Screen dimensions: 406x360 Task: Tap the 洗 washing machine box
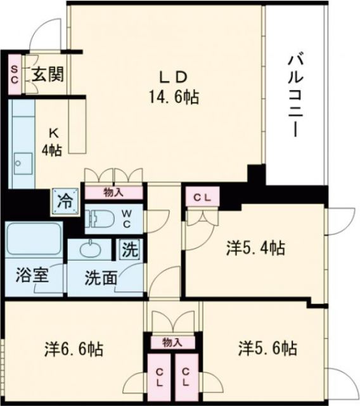point(129,249)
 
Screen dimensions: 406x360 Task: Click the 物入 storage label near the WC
point(113,192)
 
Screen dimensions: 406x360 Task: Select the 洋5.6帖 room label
point(267,348)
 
